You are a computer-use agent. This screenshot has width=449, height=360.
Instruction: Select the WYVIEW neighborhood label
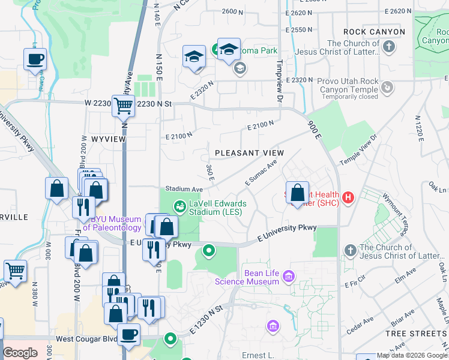(x=108, y=139)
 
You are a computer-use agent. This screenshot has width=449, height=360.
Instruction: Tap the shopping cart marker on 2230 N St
(x=123, y=106)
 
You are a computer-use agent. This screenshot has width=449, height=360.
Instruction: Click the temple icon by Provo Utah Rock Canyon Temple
(x=388, y=88)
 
